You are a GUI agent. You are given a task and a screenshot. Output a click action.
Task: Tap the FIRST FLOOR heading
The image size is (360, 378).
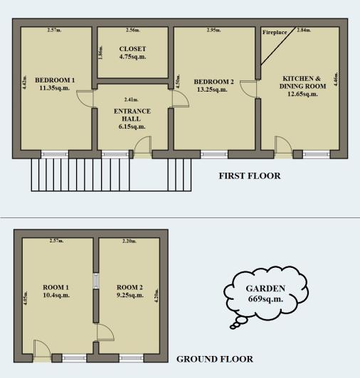(250, 175)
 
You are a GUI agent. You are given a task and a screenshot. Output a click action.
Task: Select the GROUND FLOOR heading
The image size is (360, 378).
(214, 359)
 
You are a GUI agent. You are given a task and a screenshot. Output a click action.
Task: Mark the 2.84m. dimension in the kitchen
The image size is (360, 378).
(304, 31)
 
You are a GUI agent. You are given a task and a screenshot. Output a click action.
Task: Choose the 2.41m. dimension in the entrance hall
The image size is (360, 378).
(131, 99)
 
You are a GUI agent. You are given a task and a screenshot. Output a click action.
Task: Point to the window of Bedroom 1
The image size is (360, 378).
(54, 153)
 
